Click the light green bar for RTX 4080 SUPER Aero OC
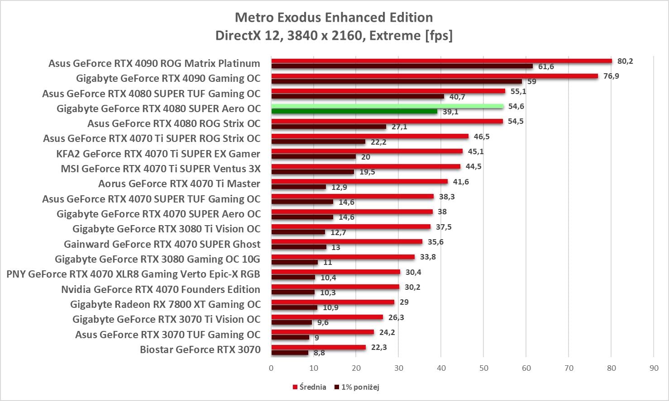click(x=387, y=106)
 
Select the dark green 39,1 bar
click(x=354, y=111)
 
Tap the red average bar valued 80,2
click(x=441, y=61)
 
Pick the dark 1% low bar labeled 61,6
click(x=402, y=66)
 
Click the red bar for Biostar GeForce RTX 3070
click(x=319, y=347)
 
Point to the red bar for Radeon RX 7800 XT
click(x=333, y=302)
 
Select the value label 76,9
click(x=611, y=76)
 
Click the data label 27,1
click(x=399, y=127)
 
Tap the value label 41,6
click(x=461, y=182)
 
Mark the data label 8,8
click(x=319, y=353)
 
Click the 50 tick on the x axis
click(x=484, y=368)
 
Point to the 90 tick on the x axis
click(x=654, y=368)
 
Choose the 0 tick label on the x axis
click(x=271, y=368)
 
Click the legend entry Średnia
click(x=312, y=387)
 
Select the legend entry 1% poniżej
click(x=360, y=387)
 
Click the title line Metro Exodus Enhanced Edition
click(x=334, y=18)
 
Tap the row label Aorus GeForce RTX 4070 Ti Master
click(x=179, y=184)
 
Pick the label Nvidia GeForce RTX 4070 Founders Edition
click(x=161, y=289)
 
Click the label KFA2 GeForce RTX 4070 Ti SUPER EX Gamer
click(x=158, y=154)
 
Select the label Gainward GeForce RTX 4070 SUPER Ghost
click(x=162, y=244)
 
